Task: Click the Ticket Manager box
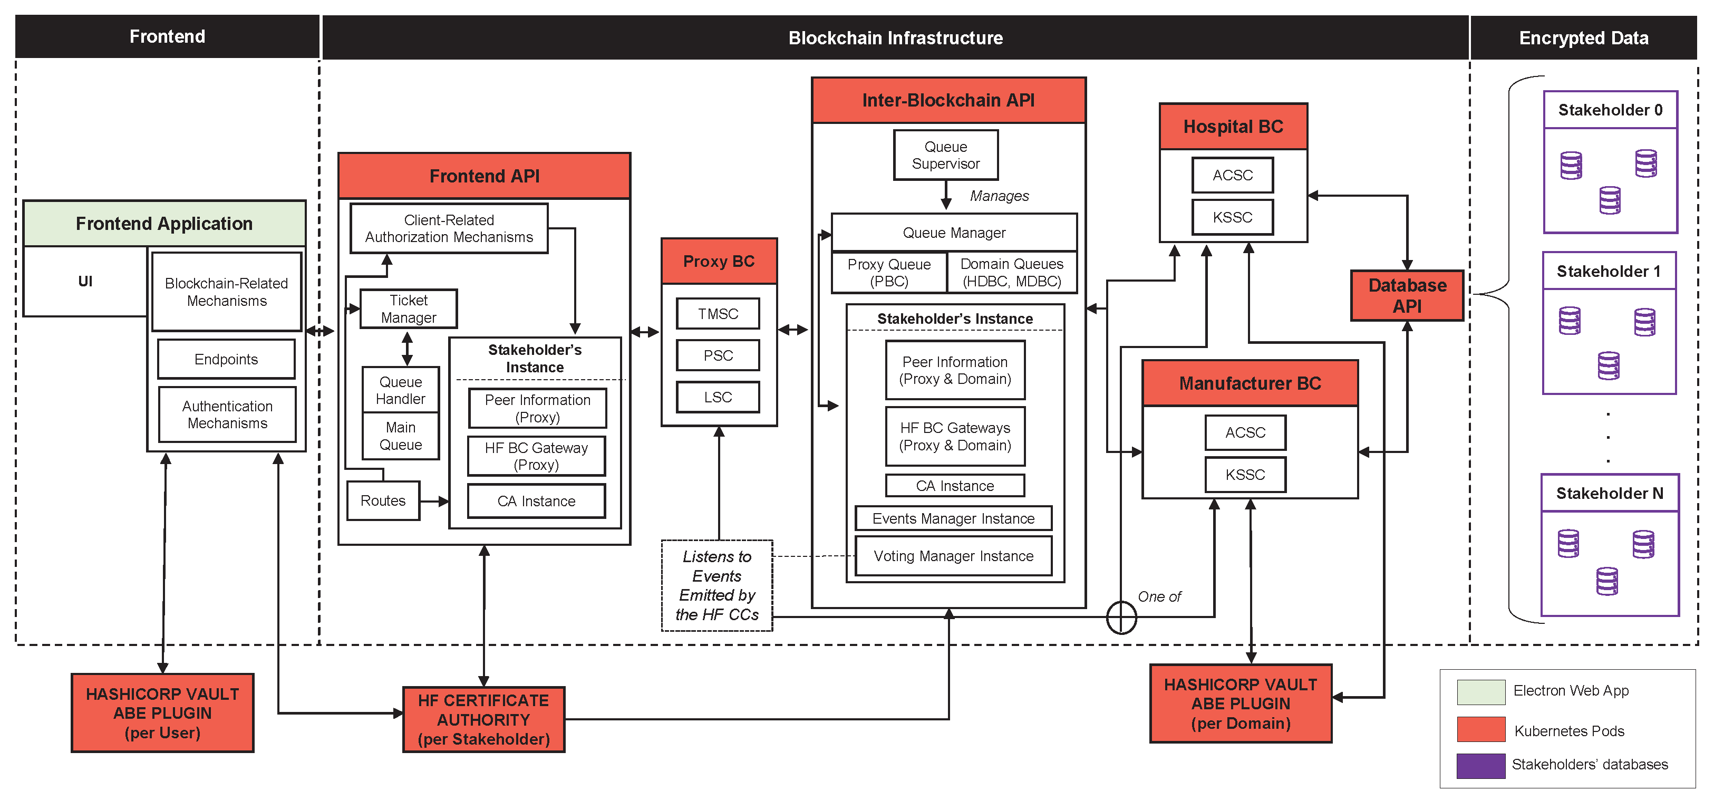[x=408, y=309]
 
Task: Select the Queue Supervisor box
[x=945, y=155]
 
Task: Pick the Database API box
[x=1407, y=295]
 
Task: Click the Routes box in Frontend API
[x=383, y=500]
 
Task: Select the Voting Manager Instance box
[x=953, y=556]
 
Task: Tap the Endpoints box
[x=226, y=360]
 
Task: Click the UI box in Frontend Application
[x=85, y=282]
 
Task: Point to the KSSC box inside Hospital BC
[x=1232, y=217]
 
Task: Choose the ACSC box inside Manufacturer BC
[x=1245, y=432]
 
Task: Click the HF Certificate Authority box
[x=483, y=719]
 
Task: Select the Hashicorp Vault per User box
[x=162, y=713]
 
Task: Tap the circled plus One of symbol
[x=1121, y=617]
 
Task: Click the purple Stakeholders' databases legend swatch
[x=1480, y=765]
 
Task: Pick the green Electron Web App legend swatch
[x=1480, y=691]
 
